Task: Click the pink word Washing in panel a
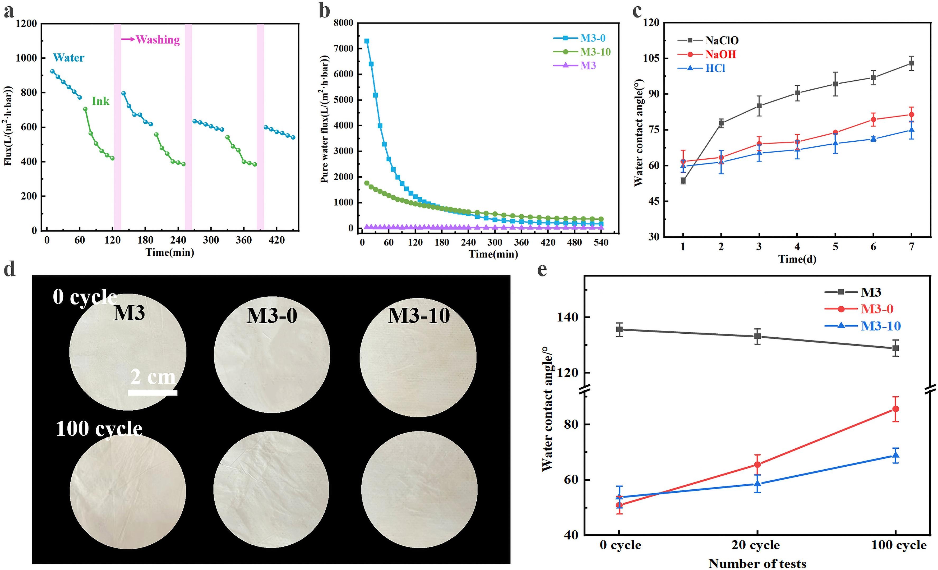coord(158,40)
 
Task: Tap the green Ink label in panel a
coord(100,101)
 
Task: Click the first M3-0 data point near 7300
coord(367,41)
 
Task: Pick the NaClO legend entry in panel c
coord(722,40)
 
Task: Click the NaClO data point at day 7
coord(911,63)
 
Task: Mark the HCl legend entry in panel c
coord(715,68)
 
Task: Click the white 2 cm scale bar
coord(153,392)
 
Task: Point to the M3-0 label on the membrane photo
coord(272,316)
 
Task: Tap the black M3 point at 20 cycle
coord(757,336)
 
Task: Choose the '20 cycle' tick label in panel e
coord(756,545)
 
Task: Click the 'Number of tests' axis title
coord(757,563)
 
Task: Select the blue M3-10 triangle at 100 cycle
coord(896,455)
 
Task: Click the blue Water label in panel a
coord(68,58)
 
